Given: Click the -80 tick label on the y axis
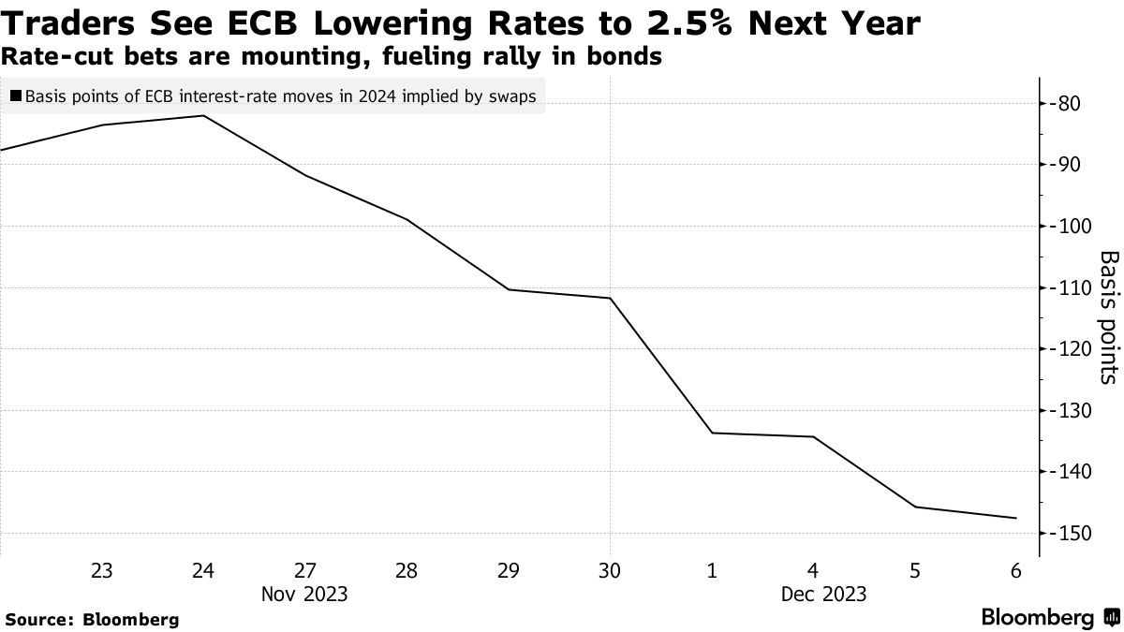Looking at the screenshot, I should click(1068, 103).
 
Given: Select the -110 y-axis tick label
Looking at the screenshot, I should click(1072, 287).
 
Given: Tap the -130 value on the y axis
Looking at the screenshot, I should click(1072, 410).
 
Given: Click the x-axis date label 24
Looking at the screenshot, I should click(203, 570).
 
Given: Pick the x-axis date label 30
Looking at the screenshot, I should click(610, 570).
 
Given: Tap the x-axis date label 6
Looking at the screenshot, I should click(1016, 570).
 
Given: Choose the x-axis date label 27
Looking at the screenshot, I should click(305, 570).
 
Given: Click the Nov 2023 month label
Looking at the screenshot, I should click(305, 594).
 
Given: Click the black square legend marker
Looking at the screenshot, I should click(16, 96).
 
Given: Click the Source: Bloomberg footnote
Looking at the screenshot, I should click(92, 619).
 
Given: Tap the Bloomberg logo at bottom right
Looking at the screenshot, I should click(1049, 617).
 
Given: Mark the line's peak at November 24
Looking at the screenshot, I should click(203, 115).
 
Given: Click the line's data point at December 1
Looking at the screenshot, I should click(712, 433).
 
